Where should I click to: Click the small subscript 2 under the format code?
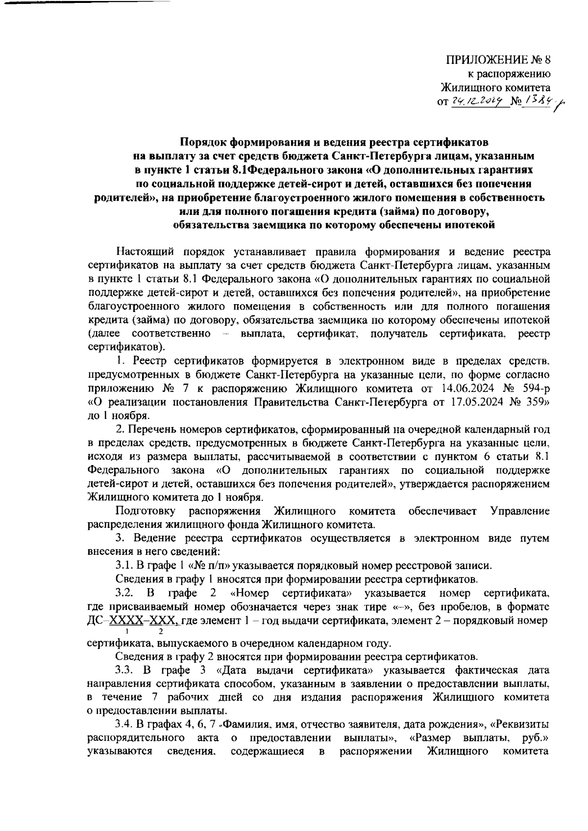153,631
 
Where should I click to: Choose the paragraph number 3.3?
123,670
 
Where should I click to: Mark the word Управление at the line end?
520,511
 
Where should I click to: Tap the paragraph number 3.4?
122,724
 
